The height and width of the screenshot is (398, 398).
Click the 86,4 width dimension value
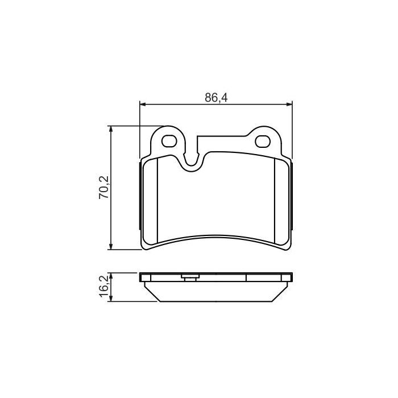tap(216, 98)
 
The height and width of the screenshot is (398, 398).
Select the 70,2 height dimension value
tap(104, 187)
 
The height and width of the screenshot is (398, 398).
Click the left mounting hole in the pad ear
tap(169, 141)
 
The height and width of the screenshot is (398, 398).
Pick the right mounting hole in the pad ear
tap(263, 141)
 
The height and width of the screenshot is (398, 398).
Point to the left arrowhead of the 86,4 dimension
tap(143, 104)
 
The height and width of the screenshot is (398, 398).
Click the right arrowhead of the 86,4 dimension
tap(289, 104)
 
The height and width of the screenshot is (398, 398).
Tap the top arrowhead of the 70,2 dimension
tap(110, 129)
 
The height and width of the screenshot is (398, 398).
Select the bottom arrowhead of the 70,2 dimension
tap(110, 246)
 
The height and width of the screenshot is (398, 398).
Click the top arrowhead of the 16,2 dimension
tap(110, 276)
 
